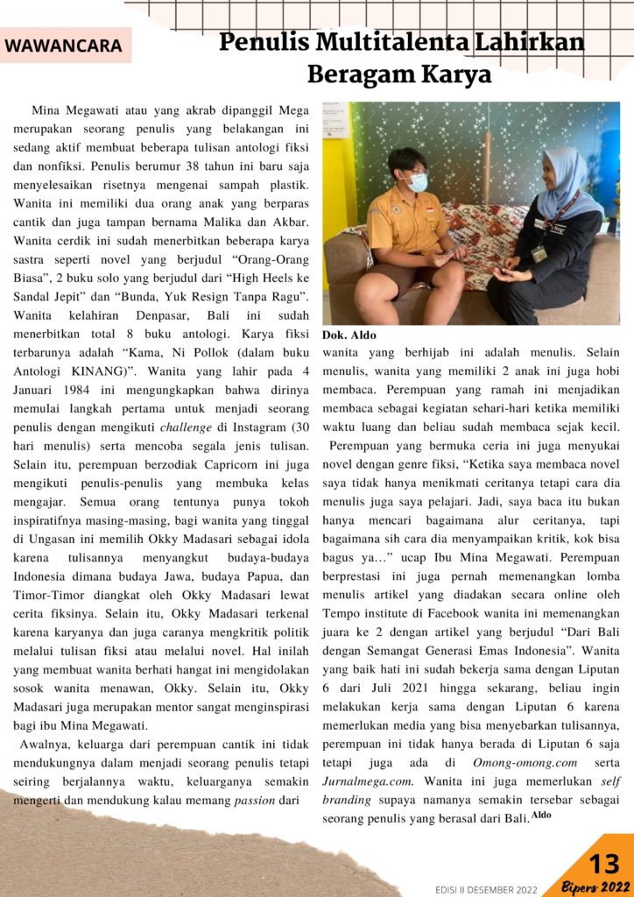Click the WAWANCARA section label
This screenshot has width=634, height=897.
coord(63,46)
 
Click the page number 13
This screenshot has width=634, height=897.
coord(603,864)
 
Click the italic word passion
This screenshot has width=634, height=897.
coord(253,799)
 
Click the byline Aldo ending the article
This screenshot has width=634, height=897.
coord(541,816)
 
